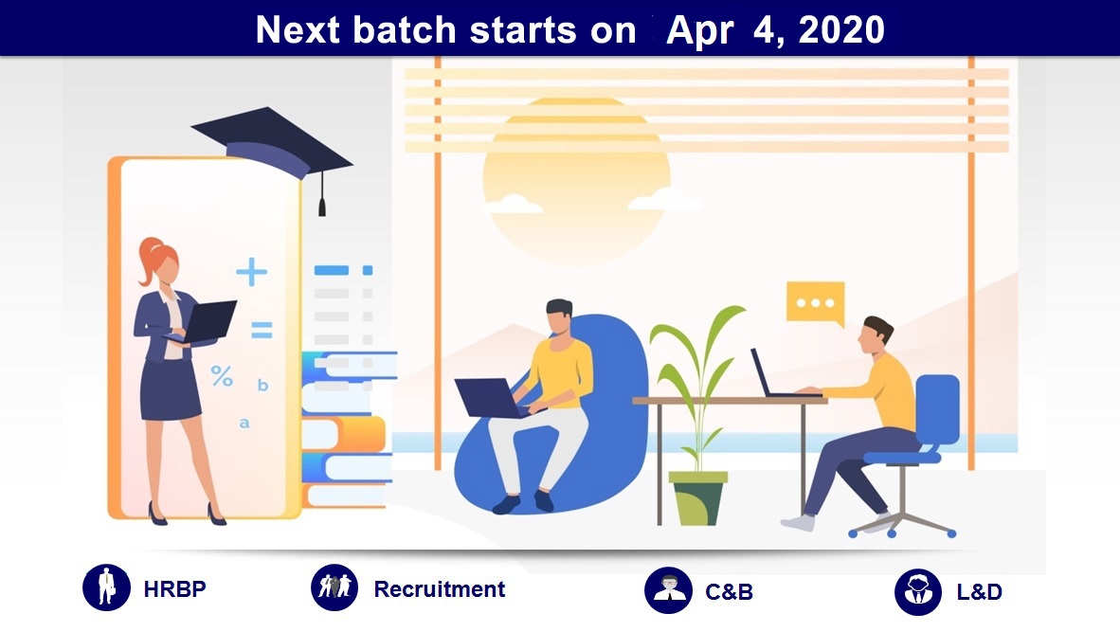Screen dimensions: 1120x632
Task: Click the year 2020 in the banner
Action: tap(841, 30)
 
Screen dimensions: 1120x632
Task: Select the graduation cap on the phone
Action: tap(271, 143)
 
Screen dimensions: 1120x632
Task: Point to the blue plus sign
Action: tap(251, 271)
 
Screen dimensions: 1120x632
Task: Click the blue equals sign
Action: tap(262, 330)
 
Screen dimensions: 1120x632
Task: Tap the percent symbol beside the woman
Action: tap(222, 375)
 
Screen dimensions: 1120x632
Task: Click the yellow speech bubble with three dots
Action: tap(815, 303)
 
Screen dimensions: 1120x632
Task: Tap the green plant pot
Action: tap(697, 498)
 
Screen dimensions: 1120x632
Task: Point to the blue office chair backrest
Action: tap(938, 408)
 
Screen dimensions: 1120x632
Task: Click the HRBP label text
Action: tap(175, 589)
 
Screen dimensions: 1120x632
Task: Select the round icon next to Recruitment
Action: tap(334, 587)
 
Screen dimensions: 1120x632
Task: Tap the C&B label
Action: tap(730, 592)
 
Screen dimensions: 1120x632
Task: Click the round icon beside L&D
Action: tap(918, 592)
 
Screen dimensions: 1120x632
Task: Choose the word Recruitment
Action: tap(440, 589)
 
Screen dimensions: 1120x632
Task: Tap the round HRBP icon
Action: tap(106, 587)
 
